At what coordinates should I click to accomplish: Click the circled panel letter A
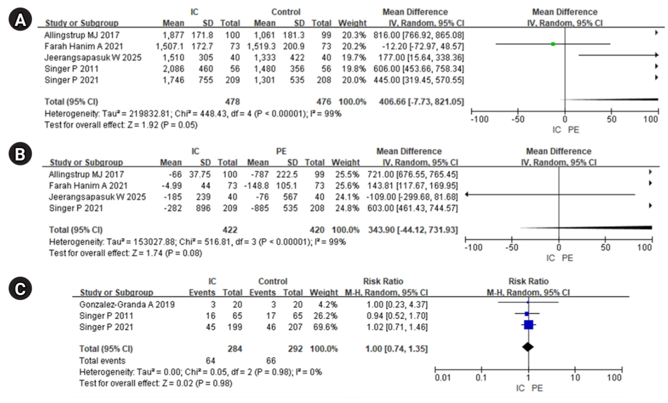[20, 19]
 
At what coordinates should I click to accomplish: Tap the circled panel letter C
[20, 288]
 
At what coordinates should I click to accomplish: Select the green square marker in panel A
[553, 44]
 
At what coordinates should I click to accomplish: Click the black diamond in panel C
[528, 347]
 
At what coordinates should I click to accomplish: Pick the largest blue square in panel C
[528, 325]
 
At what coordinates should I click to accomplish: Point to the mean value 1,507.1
[170, 46]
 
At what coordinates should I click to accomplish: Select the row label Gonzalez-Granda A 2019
[127, 305]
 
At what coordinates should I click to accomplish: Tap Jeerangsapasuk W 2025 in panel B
[98, 197]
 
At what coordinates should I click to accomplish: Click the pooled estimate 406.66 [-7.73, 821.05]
[421, 102]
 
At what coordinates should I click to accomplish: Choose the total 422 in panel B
[230, 230]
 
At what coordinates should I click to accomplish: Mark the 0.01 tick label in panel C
[443, 378]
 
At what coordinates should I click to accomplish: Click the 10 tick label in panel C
[575, 378]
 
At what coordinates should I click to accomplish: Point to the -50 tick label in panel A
[517, 120]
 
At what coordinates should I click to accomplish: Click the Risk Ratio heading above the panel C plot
[528, 281]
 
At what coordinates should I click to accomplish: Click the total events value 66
[271, 360]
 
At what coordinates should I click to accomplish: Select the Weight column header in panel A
[352, 23]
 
